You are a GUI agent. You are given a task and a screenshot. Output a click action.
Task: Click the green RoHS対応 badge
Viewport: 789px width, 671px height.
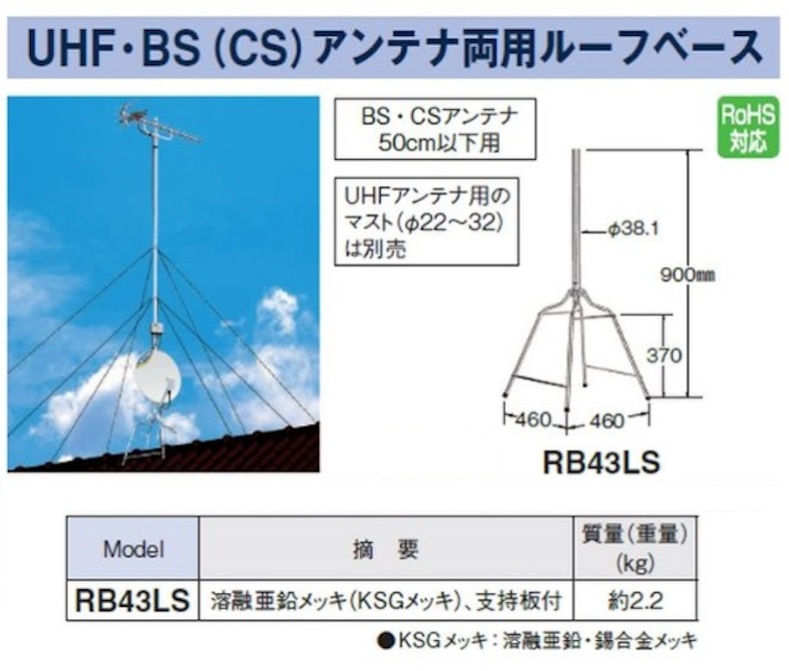pyautogui.click(x=748, y=128)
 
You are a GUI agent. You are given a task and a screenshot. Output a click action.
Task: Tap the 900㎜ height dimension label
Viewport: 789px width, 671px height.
pyautogui.click(x=688, y=276)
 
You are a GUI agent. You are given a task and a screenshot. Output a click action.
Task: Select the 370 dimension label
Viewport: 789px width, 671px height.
pyautogui.click(x=664, y=355)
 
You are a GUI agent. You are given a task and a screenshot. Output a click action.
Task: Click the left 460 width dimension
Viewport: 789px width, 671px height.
pyautogui.click(x=533, y=419)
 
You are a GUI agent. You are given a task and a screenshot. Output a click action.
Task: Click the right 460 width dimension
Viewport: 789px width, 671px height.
pyautogui.click(x=606, y=420)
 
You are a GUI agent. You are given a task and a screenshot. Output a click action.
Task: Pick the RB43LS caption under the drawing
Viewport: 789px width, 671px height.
pyautogui.click(x=601, y=462)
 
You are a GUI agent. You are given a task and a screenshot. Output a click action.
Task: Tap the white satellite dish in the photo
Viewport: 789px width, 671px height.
pyautogui.click(x=158, y=376)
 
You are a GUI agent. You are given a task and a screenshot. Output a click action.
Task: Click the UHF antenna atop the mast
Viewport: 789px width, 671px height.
pyautogui.click(x=159, y=125)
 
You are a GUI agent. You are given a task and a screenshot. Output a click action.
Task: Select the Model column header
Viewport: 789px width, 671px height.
pyautogui.click(x=134, y=548)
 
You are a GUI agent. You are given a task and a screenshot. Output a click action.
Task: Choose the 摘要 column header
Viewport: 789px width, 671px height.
pyautogui.click(x=385, y=549)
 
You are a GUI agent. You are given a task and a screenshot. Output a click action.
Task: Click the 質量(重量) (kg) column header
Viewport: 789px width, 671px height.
pyautogui.click(x=635, y=548)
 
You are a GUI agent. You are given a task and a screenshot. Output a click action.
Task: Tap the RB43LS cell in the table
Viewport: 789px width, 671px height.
pyautogui.click(x=133, y=600)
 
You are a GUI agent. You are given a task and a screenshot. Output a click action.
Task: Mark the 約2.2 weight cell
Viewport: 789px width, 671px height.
pyautogui.click(x=635, y=601)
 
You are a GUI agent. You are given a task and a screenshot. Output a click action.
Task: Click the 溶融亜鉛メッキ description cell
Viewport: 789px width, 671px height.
pyautogui.click(x=386, y=601)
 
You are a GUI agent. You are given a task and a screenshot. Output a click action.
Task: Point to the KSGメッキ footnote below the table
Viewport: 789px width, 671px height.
pyautogui.click(x=538, y=641)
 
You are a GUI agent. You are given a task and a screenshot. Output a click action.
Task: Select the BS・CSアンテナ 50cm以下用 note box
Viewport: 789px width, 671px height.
pyautogui.click(x=435, y=130)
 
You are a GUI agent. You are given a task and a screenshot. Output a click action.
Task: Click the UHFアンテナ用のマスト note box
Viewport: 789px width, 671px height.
pyautogui.click(x=427, y=221)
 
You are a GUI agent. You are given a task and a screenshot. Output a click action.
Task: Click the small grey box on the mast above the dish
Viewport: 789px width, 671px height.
pyautogui.click(x=155, y=331)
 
